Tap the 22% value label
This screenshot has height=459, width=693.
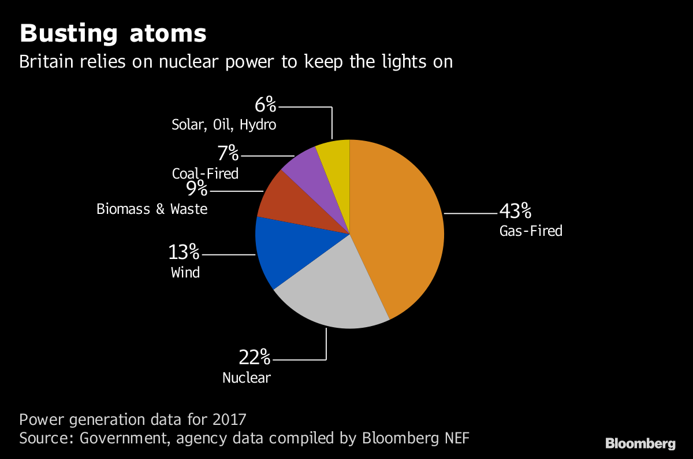[255, 358]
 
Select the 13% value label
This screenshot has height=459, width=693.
[184, 253]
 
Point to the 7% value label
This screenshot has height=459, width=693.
[228, 153]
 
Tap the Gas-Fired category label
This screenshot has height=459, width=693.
[531, 231]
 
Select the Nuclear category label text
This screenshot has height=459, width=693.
[247, 378]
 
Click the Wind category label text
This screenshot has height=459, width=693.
[185, 272]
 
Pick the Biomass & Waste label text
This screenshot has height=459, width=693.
[152, 209]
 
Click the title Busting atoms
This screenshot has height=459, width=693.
[113, 34]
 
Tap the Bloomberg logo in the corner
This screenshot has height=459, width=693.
[640, 444]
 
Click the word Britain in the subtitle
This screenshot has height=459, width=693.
[45, 62]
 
